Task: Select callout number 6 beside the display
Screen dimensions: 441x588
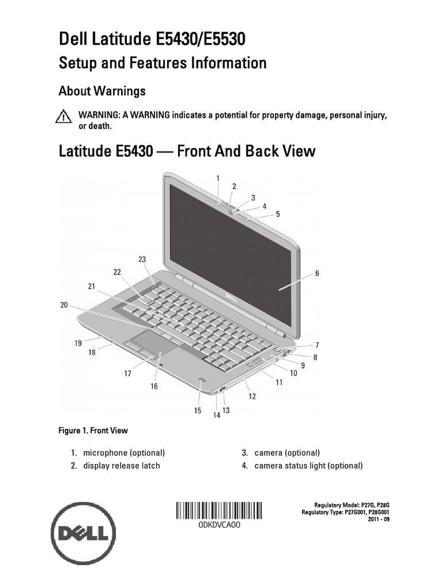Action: coord(316,273)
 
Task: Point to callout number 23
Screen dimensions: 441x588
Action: coord(142,259)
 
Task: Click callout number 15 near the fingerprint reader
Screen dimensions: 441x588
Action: coord(197,411)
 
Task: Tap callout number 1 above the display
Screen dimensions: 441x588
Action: coord(218,178)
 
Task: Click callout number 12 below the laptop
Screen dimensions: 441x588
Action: coord(252,396)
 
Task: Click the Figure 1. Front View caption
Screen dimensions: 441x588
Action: coord(92,430)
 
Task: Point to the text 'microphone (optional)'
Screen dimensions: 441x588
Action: coord(123,452)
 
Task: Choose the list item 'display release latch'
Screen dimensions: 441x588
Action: coord(121,466)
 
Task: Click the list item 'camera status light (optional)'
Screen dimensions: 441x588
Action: coord(308,466)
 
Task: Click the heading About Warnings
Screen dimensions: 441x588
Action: coord(102,91)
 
